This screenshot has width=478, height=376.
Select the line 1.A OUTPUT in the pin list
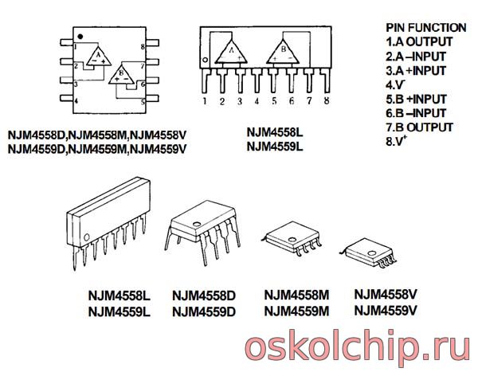coord(419,41)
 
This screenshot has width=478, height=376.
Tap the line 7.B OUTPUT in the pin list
coord(419,127)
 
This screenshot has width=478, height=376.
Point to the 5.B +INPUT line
coord(416,99)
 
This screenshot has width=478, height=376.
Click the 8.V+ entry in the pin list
coord(397,142)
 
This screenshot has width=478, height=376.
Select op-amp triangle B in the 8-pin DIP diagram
coord(122,76)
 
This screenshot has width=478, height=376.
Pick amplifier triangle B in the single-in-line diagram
coord(285,52)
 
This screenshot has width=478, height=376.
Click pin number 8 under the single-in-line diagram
coord(327,101)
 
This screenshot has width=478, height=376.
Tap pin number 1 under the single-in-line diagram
coord(205,101)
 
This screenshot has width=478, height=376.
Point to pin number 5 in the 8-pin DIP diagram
coord(142,101)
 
